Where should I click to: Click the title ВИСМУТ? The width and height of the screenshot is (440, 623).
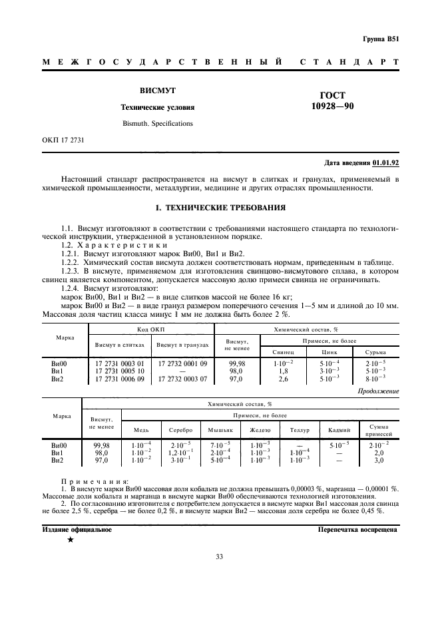pyautogui.click(x=157, y=90)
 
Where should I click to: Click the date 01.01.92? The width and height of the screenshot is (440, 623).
pyautogui.click(x=385, y=162)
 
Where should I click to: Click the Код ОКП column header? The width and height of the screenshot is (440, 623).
pyautogui.click(x=150, y=329)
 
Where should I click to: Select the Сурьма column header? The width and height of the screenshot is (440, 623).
pyautogui.click(x=375, y=351)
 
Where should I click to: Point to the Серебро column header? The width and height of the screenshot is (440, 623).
pyautogui.click(x=180, y=430)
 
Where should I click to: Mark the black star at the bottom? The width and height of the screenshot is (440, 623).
pyautogui.click(x=70, y=540)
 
